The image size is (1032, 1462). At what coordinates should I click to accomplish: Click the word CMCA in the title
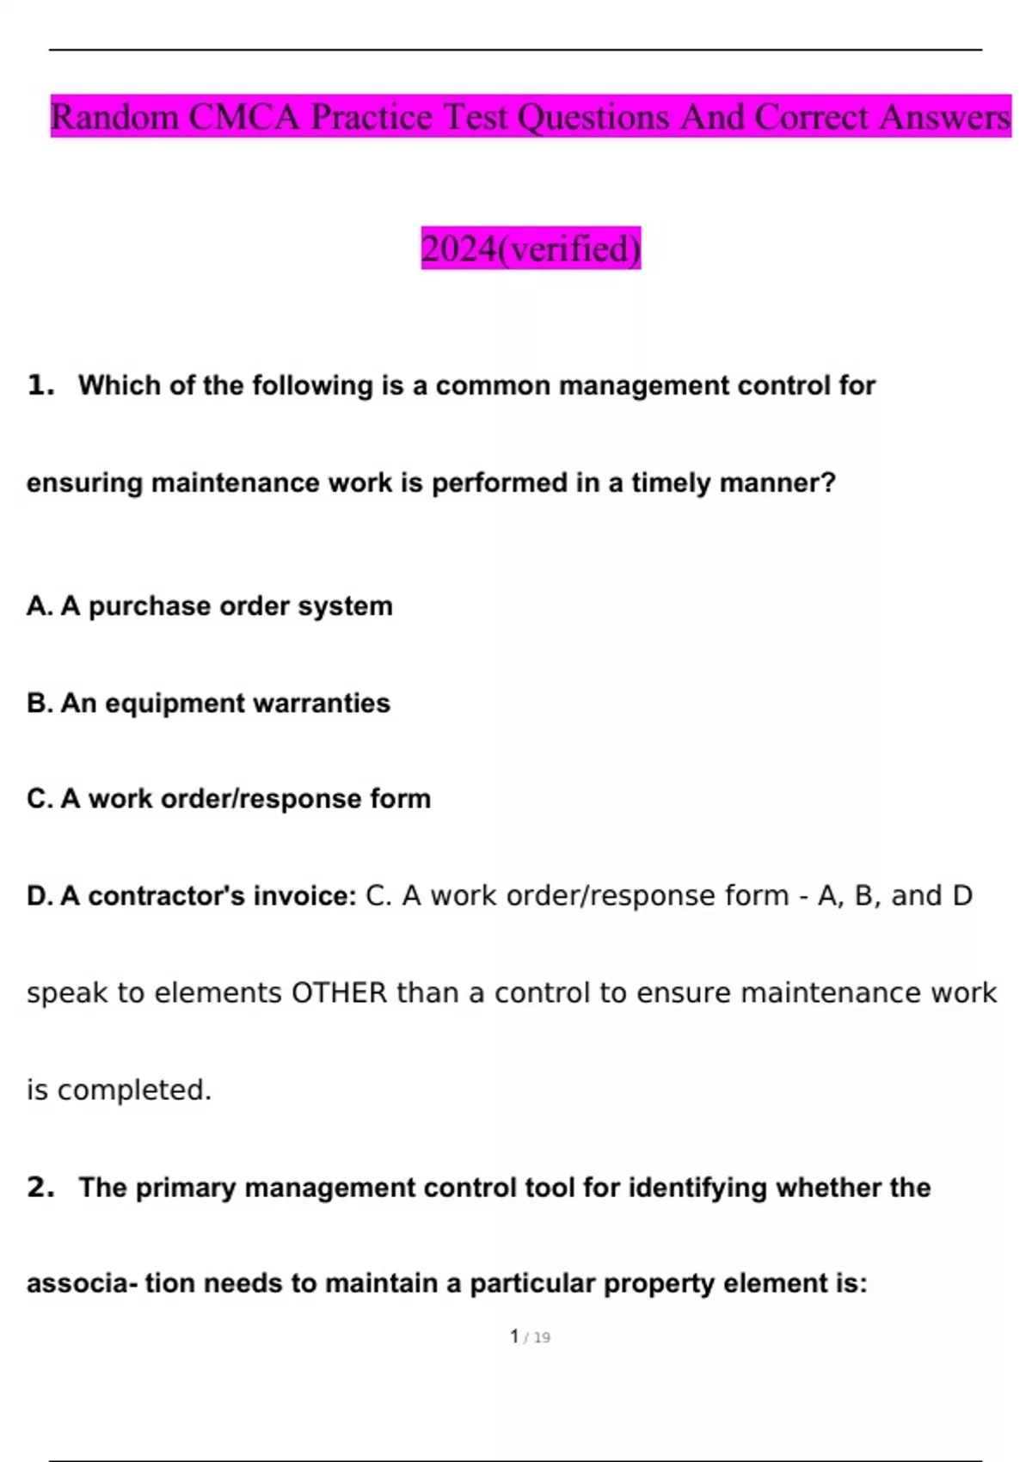click(243, 117)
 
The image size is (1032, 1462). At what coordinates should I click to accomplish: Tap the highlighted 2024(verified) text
click(531, 249)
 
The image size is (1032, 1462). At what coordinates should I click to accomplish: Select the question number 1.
click(40, 385)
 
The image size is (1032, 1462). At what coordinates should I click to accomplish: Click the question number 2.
click(40, 1188)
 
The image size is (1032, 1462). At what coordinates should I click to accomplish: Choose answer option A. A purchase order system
click(209, 606)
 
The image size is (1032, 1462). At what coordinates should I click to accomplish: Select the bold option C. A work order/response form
click(228, 799)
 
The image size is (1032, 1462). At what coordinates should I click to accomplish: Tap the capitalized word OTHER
click(340, 993)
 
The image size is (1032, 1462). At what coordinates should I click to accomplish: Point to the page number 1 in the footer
click(514, 1336)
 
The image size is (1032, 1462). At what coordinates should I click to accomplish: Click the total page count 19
click(542, 1338)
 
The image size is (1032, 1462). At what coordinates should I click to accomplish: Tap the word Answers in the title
click(944, 117)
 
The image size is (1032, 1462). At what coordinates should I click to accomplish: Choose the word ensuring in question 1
click(84, 483)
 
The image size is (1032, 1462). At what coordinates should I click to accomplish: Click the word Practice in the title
click(371, 117)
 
